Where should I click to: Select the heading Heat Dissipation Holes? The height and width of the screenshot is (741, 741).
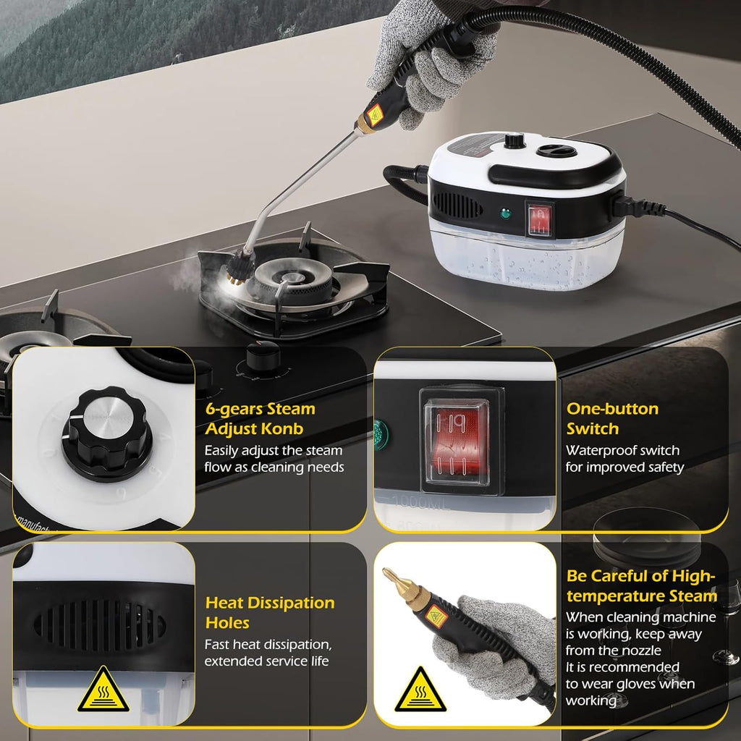269,612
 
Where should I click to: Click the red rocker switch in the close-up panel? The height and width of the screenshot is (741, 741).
456,439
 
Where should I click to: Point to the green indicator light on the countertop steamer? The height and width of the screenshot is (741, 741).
504,214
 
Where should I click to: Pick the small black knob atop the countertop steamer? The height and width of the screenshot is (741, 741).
515,140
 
